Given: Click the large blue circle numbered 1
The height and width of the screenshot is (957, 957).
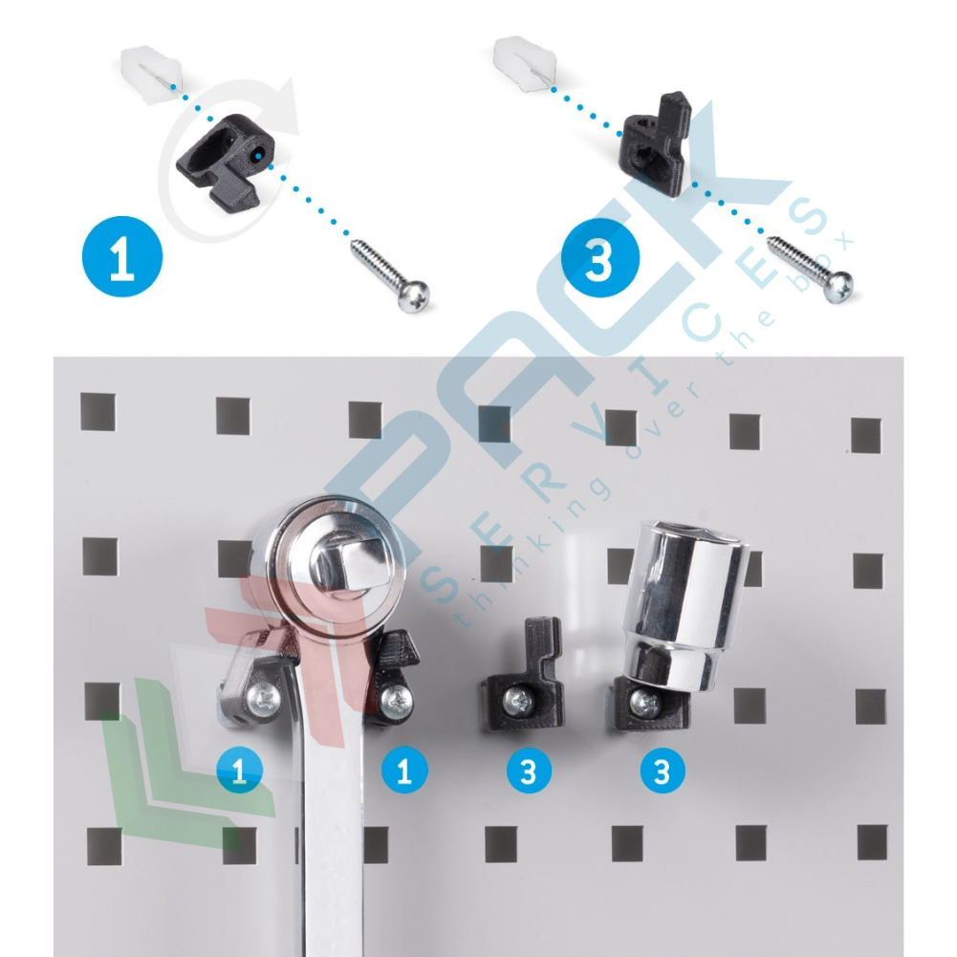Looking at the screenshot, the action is point(122,257).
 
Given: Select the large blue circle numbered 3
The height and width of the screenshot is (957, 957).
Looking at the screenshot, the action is point(600,258).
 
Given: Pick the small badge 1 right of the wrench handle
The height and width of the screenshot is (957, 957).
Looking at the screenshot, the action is point(404,771).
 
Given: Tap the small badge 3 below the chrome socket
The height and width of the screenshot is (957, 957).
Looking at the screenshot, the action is point(663,771).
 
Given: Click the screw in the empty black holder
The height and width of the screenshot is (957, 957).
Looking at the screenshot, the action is point(519,702).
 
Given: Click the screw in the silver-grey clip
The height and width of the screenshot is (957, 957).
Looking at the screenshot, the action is point(263,699).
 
